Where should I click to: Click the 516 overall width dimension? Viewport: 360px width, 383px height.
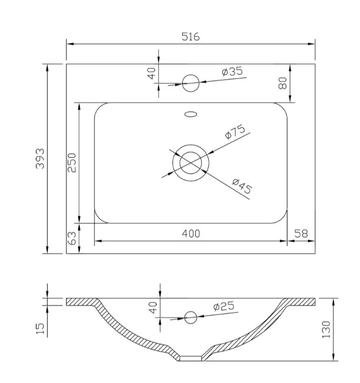pos(191,37)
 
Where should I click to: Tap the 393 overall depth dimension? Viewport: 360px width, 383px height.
pos(40,158)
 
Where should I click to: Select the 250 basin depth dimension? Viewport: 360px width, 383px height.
pos(72,163)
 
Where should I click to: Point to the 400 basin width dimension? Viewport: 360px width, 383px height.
pos(191,234)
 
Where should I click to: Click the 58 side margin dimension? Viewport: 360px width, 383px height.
pos(301,234)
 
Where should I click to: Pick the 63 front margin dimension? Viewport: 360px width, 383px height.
pos(72,238)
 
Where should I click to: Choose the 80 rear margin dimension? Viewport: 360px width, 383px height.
pos(282,83)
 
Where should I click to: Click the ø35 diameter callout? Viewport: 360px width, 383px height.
pos(233,71)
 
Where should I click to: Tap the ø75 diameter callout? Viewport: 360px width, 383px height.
pos(235,132)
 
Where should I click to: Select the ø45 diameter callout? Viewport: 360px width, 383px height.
pos(242,186)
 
